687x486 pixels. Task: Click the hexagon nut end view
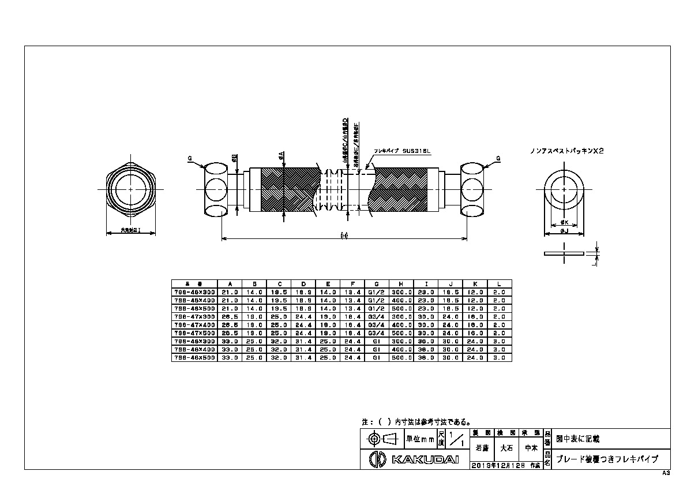pyautogui.click(x=132, y=189)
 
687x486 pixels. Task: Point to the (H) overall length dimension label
pyautogui.click(x=344, y=234)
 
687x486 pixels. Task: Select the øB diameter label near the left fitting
pyautogui.click(x=235, y=158)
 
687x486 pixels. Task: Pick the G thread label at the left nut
pyautogui.click(x=190, y=157)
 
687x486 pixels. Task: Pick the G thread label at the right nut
pyautogui.click(x=498, y=157)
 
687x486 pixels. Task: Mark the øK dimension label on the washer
pyautogui.click(x=565, y=222)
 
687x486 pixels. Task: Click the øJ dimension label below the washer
pyautogui.click(x=565, y=231)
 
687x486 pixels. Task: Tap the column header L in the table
pyautogui.click(x=500, y=283)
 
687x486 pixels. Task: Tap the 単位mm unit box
pyautogui.click(x=420, y=439)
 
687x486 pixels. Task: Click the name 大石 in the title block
pyautogui.click(x=506, y=447)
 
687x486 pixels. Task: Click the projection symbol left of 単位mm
pyautogui.click(x=381, y=439)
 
